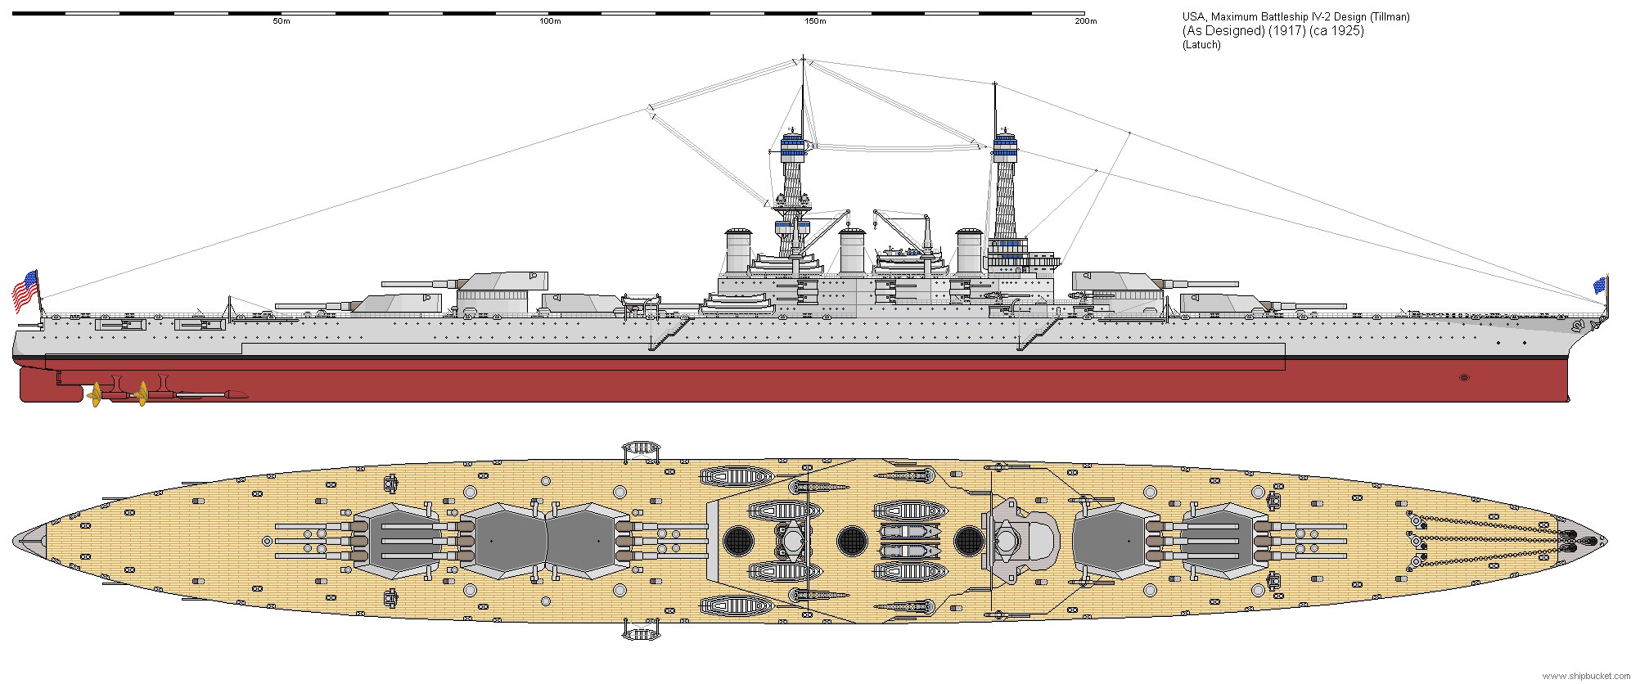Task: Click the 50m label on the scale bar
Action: click(x=281, y=21)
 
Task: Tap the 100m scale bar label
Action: click(x=550, y=21)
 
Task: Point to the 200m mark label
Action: click(x=1084, y=21)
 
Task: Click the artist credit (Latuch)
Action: click(x=1201, y=45)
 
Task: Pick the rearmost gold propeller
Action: click(x=96, y=394)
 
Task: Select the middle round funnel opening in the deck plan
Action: click(x=852, y=539)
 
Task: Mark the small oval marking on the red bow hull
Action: click(x=1464, y=378)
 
